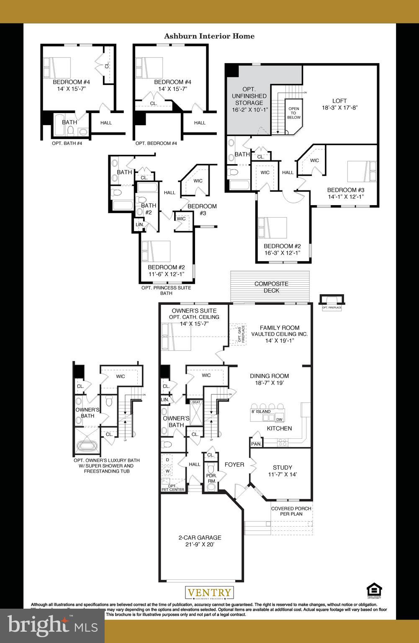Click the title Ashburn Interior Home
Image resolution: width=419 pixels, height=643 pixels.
click(x=209, y=36)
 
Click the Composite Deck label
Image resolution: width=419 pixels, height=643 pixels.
click(x=271, y=287)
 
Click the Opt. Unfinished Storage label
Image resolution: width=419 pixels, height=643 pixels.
click(x=249, y=99)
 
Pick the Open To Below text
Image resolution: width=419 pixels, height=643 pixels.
click(x=294, y=113)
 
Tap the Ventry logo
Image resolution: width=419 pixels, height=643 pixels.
click(x=209, y=593)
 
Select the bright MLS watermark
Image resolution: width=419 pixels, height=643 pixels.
click(x=52, y=625)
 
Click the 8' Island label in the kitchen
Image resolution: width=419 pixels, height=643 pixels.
click(x=261, y=412)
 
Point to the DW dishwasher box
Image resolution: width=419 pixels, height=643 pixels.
click(x=280, y=419)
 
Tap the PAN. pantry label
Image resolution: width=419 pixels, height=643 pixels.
click(x=256, y=444)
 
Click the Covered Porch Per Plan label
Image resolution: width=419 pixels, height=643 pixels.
click(x=291, y=511)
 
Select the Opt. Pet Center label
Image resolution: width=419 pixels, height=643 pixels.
click(x=173, y=487)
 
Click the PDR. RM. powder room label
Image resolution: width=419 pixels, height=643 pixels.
click(x=212, y=478)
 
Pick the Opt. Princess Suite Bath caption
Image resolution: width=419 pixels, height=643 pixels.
click(x=166, y=291)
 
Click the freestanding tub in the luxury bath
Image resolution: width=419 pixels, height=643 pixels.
click(x=87, y=445)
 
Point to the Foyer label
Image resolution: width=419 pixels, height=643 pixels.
click(x=234, y=464)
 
